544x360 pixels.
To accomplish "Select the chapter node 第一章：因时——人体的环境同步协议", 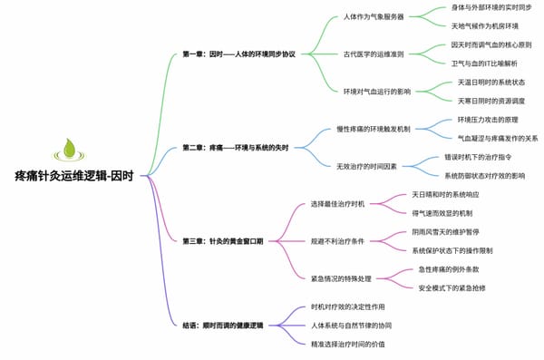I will pyautogui.click(x=238, y=54).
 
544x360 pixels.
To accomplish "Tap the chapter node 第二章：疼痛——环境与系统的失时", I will pyautogui.click(x=235, y=147).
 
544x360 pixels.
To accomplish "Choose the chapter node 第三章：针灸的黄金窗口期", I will pyautogui.click(x=222, y=240).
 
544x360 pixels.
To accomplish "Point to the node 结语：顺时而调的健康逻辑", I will pyautogui.click(x=222, y=324).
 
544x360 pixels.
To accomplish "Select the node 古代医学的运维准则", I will pyautogui.click(x=374, y=54).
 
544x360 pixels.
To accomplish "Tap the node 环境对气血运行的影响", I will pyautogui.click(x=377, y=92).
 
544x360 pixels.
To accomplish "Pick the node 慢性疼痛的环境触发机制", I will pyautogui.click(x=374, y=129).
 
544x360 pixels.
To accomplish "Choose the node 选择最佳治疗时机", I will pyautogui.click(x=336, y=203).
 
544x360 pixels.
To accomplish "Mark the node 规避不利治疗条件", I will pyautogui.click(x=336, y=240).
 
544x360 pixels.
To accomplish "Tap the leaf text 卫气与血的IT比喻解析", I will pyautogui.click(x=484, y=63).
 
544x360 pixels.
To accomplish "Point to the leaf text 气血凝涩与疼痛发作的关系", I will pyautogui.click(x=498, y=138).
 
